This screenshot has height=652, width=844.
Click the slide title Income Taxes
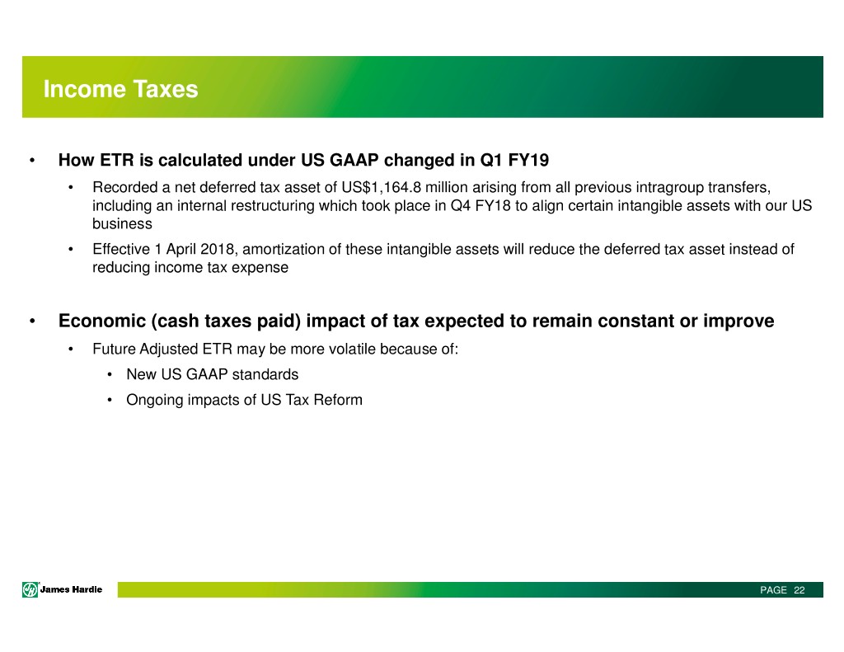coord(120,89)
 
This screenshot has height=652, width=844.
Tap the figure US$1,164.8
coord(381,187)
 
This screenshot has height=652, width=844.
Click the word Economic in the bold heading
coord(102,321)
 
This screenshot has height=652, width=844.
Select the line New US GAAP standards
coord(212,374)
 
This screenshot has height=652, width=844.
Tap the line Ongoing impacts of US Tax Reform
coord(244,400)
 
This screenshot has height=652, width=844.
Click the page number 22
coord(799,590)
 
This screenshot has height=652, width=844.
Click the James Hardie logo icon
coord(30,590)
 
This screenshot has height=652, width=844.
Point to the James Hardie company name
coord(71,589)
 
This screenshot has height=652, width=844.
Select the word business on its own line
coord(122,224)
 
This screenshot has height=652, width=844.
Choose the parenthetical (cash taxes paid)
coord(226,321)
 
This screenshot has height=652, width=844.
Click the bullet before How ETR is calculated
coord(32,161)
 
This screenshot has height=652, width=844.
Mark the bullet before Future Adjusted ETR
coord(71,349)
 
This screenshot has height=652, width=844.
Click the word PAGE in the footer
coord(773,590)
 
